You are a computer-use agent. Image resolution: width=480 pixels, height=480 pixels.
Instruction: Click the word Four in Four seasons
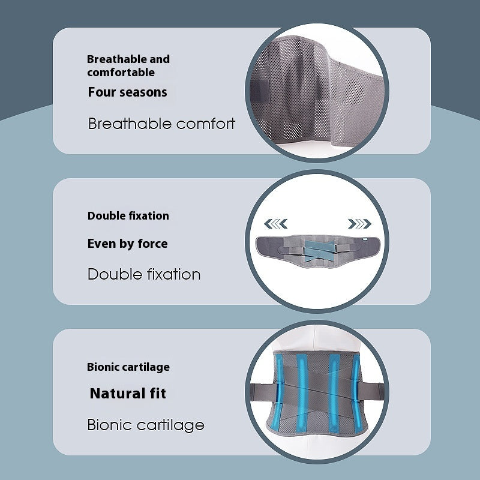[x=103, y=92]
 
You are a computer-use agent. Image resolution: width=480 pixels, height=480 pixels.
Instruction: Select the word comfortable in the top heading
[x=121, y=73]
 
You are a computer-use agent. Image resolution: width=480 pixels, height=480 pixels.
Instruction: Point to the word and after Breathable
[x=160, y=59]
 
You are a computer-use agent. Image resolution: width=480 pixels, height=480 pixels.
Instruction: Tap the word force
[x=152, y=244]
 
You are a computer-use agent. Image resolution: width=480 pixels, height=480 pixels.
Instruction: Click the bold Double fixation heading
[x=128, y=216]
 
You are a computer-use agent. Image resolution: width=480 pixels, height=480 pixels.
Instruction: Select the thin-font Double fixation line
[x=144, y=274]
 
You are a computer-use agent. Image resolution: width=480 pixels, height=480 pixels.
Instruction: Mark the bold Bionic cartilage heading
[x=128, y=367]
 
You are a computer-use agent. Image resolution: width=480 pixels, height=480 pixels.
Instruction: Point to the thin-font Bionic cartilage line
[x=146, y=425]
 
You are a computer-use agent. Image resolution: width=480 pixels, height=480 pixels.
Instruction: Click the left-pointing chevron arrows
[x=275, y=224]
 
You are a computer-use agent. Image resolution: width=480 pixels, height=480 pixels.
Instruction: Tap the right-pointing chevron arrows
[x=359, y=224]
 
